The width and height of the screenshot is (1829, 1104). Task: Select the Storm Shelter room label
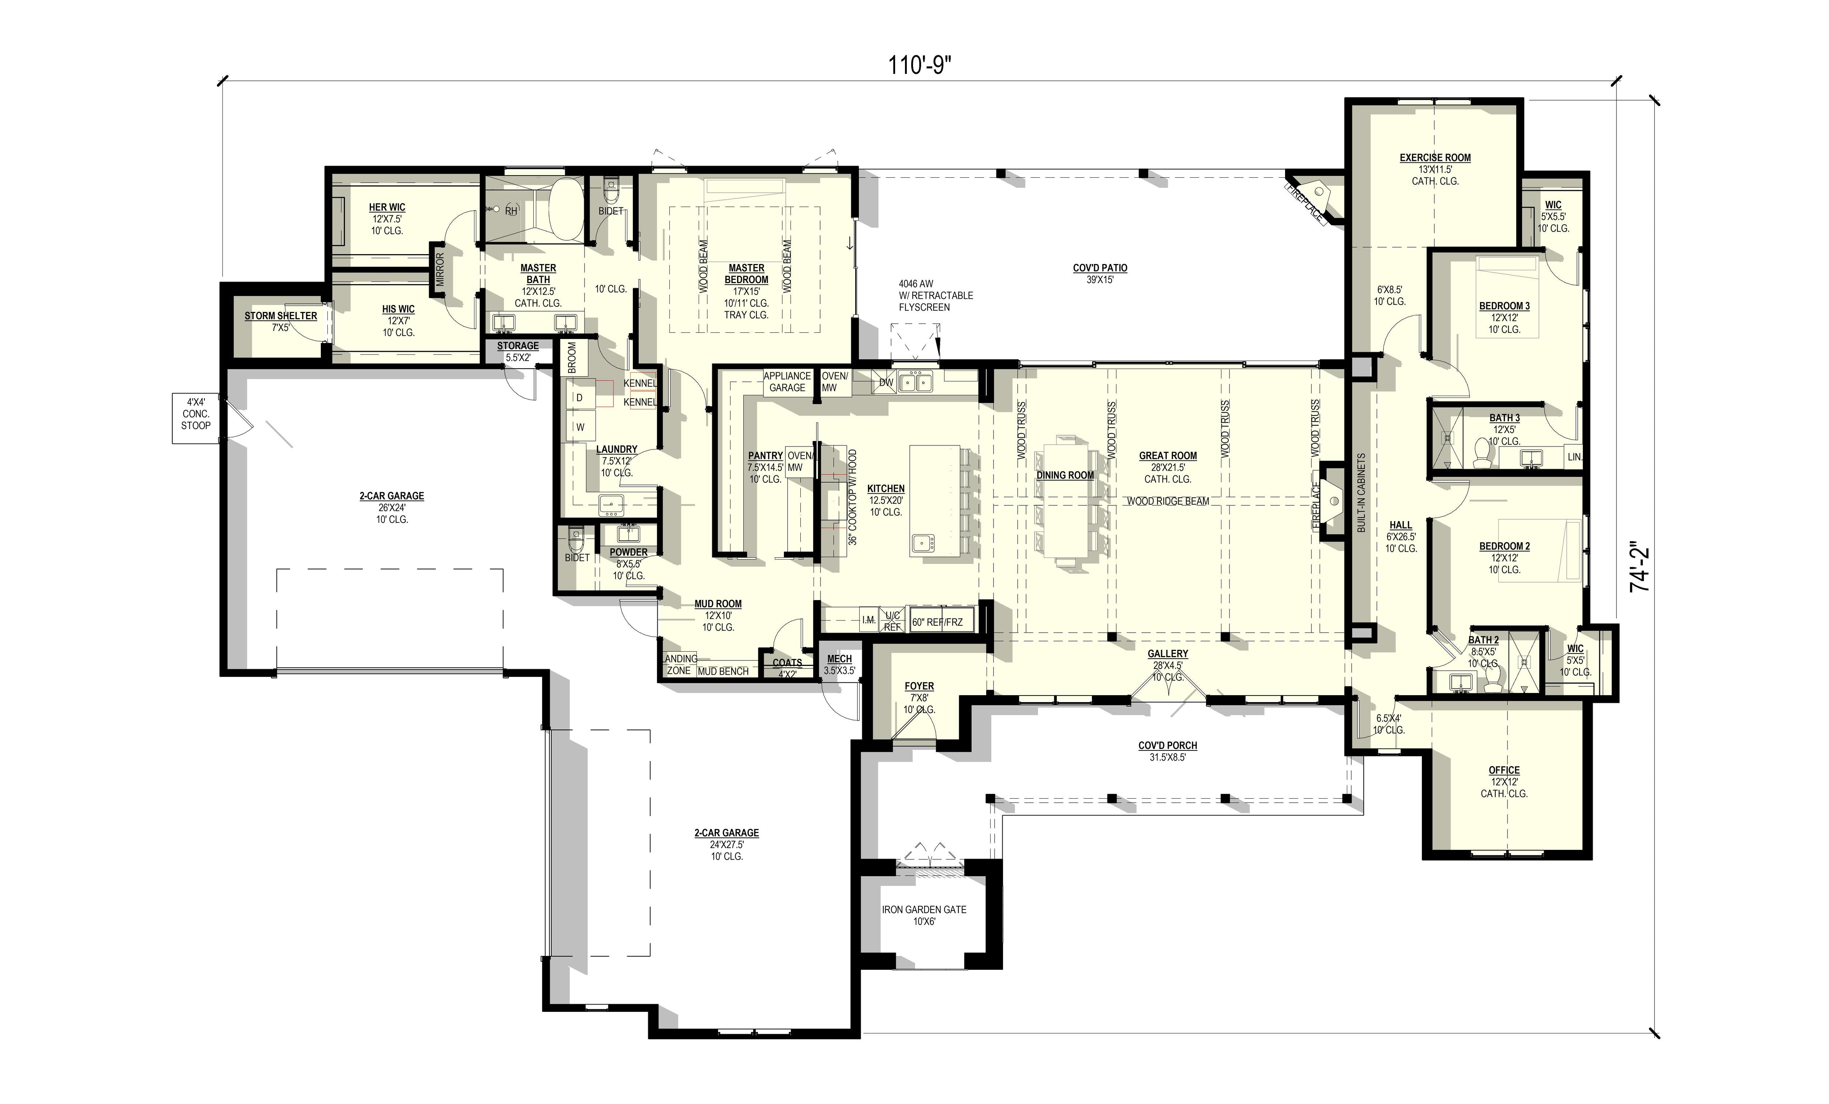(x=281, y=316)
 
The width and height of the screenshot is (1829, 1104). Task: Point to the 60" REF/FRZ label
(x=937, y=622)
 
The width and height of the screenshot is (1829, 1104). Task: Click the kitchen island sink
(x=923, y=544)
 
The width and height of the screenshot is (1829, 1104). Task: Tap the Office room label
(x=1504, y=770)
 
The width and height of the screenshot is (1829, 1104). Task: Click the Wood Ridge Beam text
(x=1168, y=502)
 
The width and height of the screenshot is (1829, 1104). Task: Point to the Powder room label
(x=628, y=553)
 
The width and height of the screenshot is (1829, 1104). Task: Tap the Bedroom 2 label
(x=1504, y=547)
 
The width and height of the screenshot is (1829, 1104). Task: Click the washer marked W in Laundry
(x=580, y=427)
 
